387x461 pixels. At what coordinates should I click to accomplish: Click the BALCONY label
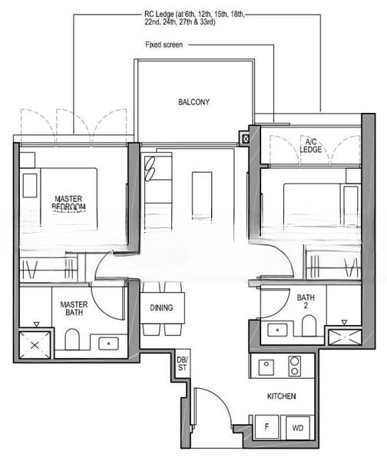(193, 102)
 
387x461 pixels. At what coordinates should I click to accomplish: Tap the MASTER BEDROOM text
(68, 203)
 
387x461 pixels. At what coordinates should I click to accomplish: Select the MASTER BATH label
(74, 309)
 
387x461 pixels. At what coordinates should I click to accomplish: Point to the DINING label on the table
(162, 308)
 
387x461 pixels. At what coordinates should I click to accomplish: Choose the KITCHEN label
(282, 396)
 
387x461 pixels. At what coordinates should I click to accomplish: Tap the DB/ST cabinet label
(182, 363)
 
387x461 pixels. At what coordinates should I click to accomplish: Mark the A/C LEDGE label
(312, 146)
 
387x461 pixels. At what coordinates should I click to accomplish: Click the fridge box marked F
(266, 426)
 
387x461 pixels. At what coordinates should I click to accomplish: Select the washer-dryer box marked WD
(297, 426)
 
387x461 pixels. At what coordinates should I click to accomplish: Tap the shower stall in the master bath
(35, 343)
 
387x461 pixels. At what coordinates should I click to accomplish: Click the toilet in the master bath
(72, 339)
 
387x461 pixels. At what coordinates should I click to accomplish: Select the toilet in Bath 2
(309, 326)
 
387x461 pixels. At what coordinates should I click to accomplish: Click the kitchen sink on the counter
(266, 366)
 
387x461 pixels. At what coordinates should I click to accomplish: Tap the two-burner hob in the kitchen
(294, 366)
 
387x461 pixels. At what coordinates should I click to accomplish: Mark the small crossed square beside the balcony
(245, 139)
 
